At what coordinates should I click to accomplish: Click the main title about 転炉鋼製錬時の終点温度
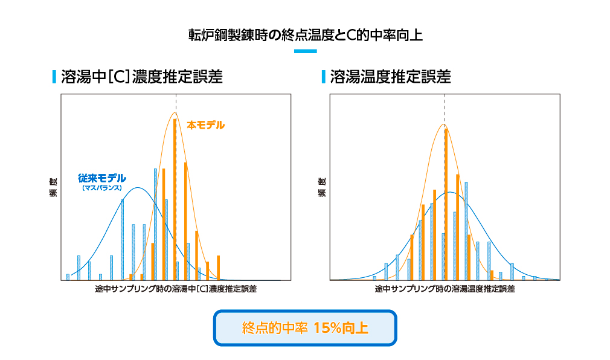click(305, 34)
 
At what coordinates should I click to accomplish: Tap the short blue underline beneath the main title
click(305, 51)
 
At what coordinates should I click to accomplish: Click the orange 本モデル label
click(205, 125)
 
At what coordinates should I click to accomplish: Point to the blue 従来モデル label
click(102, 178)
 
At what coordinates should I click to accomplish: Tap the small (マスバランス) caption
click(102, 188)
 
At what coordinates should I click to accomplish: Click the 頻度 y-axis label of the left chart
click(53, 188)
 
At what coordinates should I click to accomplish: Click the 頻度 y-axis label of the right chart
click(321, 188)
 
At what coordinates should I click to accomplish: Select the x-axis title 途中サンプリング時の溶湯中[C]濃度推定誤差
click(176, 289)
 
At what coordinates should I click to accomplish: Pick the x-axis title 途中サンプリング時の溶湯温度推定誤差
click(445, 289)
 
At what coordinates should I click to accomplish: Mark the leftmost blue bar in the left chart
click(68, 277)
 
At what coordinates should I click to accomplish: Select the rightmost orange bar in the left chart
click(218, 268)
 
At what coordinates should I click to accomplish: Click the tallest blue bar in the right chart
click(466, 231)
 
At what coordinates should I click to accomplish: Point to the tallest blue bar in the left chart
click(155, 223)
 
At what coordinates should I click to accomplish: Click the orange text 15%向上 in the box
click(341, 329)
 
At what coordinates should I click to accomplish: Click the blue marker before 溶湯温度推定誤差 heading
click(324, 77)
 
